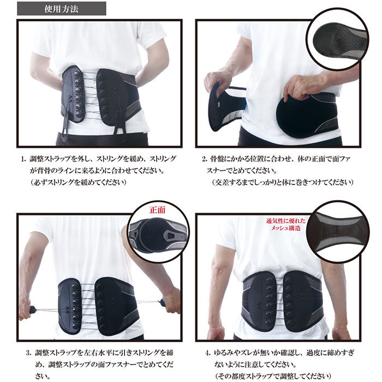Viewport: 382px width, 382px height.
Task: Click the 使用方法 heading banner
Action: click(61, 9)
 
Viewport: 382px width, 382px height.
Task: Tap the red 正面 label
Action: click(157, 210)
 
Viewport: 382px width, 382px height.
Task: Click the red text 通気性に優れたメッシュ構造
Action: click(286, 224)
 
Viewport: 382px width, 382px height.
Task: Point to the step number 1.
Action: click(23, 159)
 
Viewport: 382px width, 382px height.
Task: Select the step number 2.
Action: click(204, 159)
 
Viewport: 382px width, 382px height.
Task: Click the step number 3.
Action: click(29, 353)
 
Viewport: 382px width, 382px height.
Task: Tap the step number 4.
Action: click(207, 353)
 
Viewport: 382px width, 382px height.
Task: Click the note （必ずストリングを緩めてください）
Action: click(79, 182)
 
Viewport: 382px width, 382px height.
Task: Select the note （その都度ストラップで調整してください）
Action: click(273, 375)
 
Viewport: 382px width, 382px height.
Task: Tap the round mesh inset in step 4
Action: click(338, 231)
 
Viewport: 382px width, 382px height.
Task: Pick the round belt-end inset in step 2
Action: click(337, 39)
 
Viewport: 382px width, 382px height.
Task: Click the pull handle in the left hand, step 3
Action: click(33, 310)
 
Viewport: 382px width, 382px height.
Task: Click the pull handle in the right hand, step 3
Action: click(162, 303)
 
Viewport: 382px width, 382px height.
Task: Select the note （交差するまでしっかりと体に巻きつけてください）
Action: click(283, 182)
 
